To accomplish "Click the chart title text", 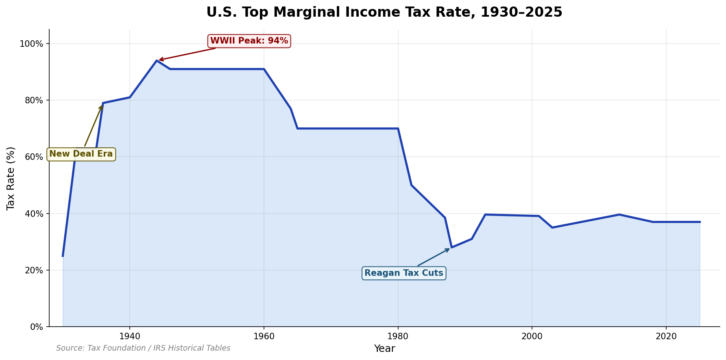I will coord(384,12).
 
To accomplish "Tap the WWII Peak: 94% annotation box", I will coord(249,41).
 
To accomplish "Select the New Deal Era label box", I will coord(81,154).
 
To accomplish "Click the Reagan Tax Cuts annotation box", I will coord(403,273).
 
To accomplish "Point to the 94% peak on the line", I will coord(157,61).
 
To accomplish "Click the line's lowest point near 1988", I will coord(451,247).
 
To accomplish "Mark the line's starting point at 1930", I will coord(63,256).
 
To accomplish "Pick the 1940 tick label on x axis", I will coord(130,336).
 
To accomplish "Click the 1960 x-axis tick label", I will coord(264,336).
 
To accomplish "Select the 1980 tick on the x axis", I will coord(398,336).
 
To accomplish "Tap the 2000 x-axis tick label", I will coord(532,336).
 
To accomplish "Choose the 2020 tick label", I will coord(666,336).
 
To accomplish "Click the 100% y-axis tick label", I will coord(32,44).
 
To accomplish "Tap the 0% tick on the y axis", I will coord(37,327).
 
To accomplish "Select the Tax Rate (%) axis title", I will coord(11,178).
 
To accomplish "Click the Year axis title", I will coord(384,349).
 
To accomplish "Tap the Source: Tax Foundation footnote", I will coord(143,348).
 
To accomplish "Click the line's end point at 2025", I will coord(700,222).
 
